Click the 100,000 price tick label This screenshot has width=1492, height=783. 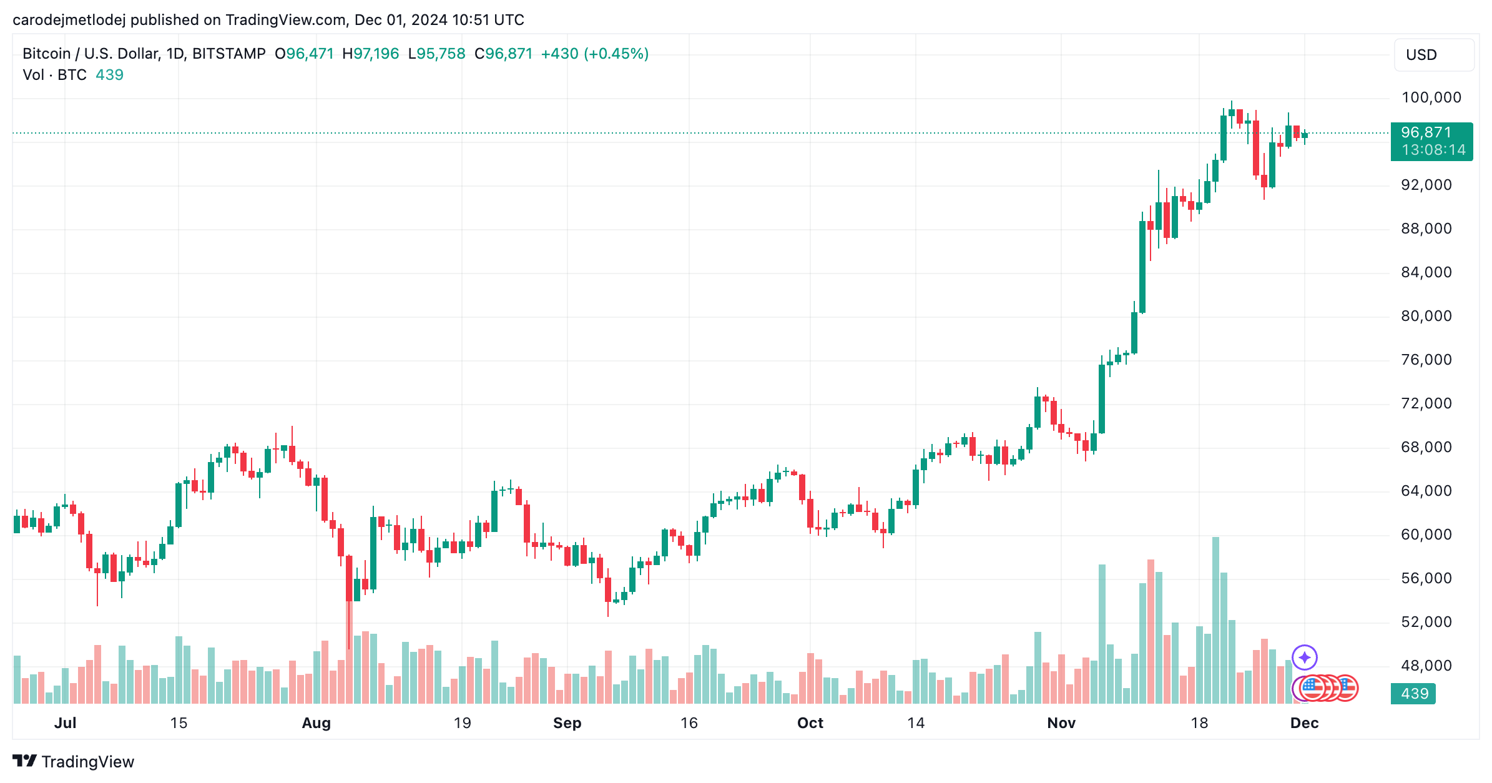[x=1431, y=97]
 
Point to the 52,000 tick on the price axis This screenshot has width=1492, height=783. [x=1426, y=622]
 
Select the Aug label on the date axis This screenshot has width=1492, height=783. [x=316, y=723]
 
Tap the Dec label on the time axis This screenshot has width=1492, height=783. [x=1304, y=723]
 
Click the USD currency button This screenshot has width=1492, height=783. [x=1433, y=55]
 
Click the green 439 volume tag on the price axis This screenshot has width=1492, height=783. [x=1413, y=694]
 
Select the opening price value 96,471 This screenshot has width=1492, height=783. [x=310, y=54]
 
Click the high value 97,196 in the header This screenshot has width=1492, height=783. [x=376, y=54]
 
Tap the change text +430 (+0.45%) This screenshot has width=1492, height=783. [x=594, y=54]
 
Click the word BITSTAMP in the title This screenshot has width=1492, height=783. [x=228, y=54]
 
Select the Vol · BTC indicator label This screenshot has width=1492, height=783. [x=54, y=75]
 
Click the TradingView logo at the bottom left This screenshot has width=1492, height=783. [x=73, y=761]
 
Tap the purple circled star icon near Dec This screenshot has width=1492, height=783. [x=1304, y=657]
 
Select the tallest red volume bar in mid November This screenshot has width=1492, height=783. [x=1151, y=631]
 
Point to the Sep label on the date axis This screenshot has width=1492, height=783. [x=567, y=723]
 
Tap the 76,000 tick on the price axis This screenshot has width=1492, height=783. [x=1426, y=360]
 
